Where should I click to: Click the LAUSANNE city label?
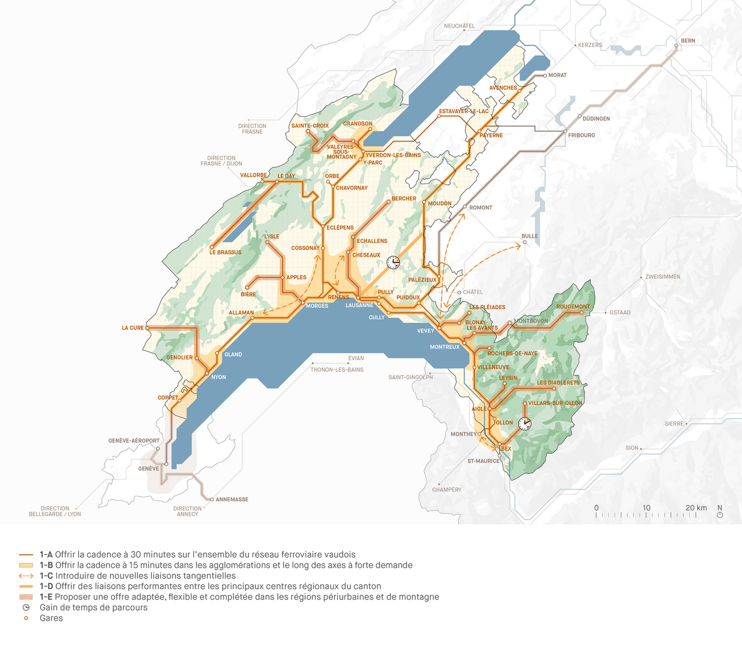pyautogui.click(x=359, y=305)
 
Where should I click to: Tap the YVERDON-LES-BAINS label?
pyautogui.click(x=393, y=155)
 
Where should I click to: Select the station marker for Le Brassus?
pyautogui.click(x=212, y=247)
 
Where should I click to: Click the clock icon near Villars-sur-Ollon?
pyautogui.click(x=525, y=424)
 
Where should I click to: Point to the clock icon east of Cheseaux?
pyautogui.click(x=393, y=263)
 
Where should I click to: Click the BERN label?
pyautogui.click(x=688, y=41)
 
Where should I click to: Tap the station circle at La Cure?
pyautogui.click(x=148, y=328)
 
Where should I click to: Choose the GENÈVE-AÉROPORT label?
pyautogui.click(x=134, y=441)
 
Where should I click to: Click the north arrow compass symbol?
pyautogui.click(x=720, y=515)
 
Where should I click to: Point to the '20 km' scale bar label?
pyautogui.click(x=696, y=508)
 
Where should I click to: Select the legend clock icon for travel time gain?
pyautogui.click(x=26, y=608)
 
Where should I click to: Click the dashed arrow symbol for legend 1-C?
pyautogui.click(x=26, y=576)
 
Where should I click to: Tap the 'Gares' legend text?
pyautogui.click(x=51, y=619)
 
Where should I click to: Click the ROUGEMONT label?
pyautogui.click(x=573, y=306)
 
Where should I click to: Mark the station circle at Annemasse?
pyautogui.click(x=212, y=500)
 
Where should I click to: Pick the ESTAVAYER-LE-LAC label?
pyautogui.click(x=464, y=112)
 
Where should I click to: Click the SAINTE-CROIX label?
pyautogui.click(x=310, y=126)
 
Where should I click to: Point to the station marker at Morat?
pyautogui.click(x=545, y=75)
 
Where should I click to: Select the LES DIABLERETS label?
pyautogui.click(x=558, y=383)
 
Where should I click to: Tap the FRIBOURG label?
pyautogui.click(x=582, y=136)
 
